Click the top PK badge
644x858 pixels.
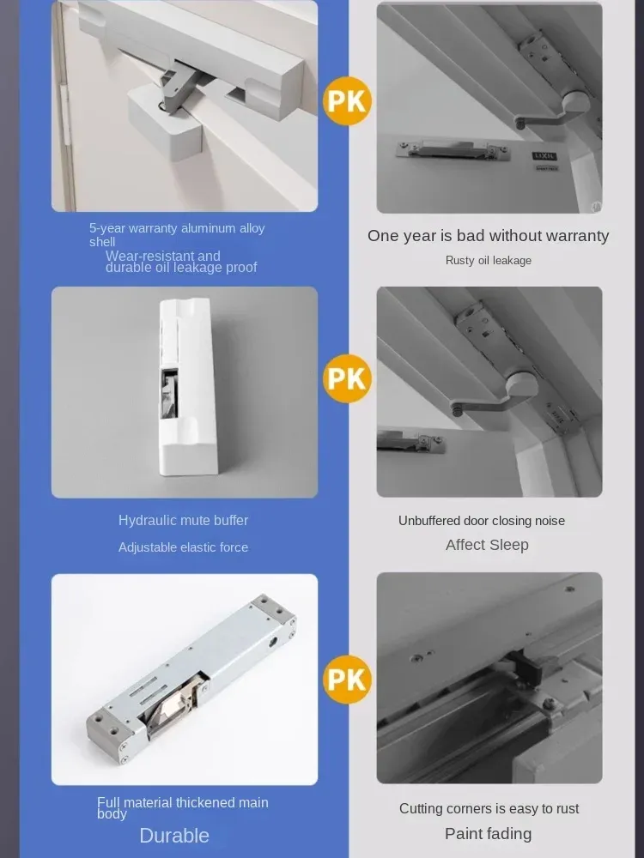347,101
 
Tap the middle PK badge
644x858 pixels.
347,378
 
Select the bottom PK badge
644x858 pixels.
347,679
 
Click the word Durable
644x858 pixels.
174,836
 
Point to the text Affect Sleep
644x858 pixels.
487,545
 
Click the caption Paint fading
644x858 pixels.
488,833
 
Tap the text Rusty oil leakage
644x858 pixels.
489,261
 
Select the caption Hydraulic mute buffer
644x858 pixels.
184,521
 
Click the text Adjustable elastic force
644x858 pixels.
184,547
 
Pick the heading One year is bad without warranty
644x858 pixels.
488,236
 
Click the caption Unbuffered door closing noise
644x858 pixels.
482,521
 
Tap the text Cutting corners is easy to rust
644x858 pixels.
489,809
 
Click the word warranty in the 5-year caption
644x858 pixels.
153,229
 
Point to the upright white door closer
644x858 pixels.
187,386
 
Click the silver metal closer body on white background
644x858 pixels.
191,679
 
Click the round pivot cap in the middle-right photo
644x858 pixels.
522,384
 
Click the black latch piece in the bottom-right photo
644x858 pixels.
526,668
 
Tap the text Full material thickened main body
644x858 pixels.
182,807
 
